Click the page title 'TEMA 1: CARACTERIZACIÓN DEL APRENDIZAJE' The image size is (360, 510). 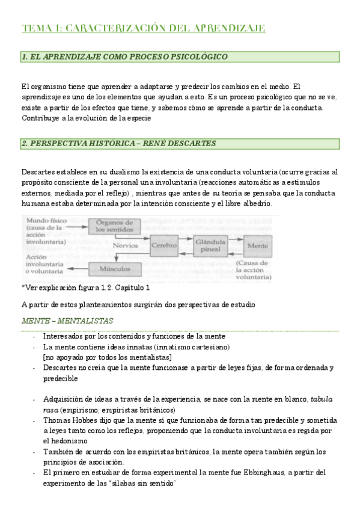click(x=143, y=28)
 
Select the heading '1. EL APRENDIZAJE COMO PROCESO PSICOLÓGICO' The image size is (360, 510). click(x=124, y=57)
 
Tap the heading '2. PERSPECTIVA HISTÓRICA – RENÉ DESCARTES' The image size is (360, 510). click(x=118, y=144)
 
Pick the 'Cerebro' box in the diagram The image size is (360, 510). click(x=164, y=246)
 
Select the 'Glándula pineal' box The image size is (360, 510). click(x=210, y=245)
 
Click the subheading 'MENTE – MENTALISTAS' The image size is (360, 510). click(x=67, y=321)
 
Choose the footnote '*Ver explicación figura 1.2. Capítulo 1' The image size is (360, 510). click(x=85, y=287)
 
